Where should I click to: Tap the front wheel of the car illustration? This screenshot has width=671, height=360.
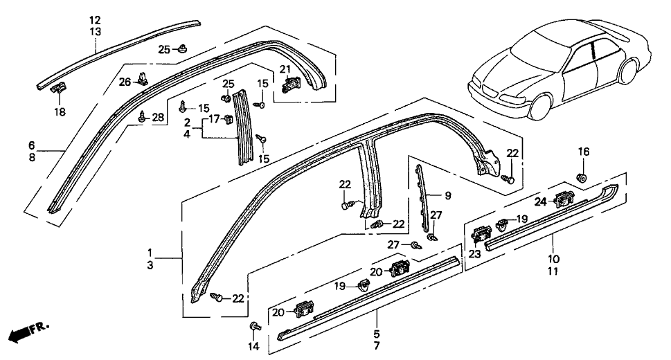tap(539, 104)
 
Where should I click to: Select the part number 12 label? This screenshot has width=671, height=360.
tap(95, 19)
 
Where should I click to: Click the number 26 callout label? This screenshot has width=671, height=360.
tap(123, 83)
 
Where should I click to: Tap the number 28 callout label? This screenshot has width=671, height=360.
tap(158, 118)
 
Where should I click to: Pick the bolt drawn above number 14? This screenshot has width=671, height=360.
tap(253, 325)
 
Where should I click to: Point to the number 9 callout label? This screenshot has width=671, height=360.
tap(447, 196)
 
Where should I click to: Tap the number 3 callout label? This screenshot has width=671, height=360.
tap(151, 265)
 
